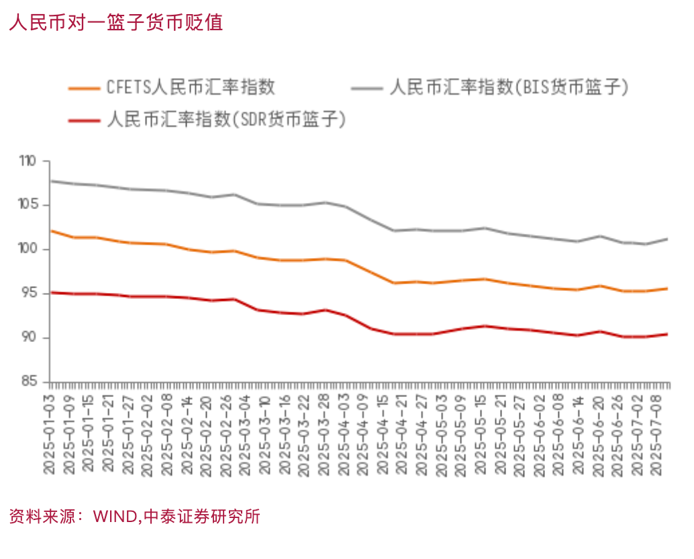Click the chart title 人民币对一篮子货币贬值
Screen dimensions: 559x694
115,22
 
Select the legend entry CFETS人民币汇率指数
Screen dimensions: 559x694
191,87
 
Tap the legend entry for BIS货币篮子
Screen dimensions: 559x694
509,87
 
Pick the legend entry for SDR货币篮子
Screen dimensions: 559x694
226,120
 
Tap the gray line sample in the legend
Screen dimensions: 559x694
366,87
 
